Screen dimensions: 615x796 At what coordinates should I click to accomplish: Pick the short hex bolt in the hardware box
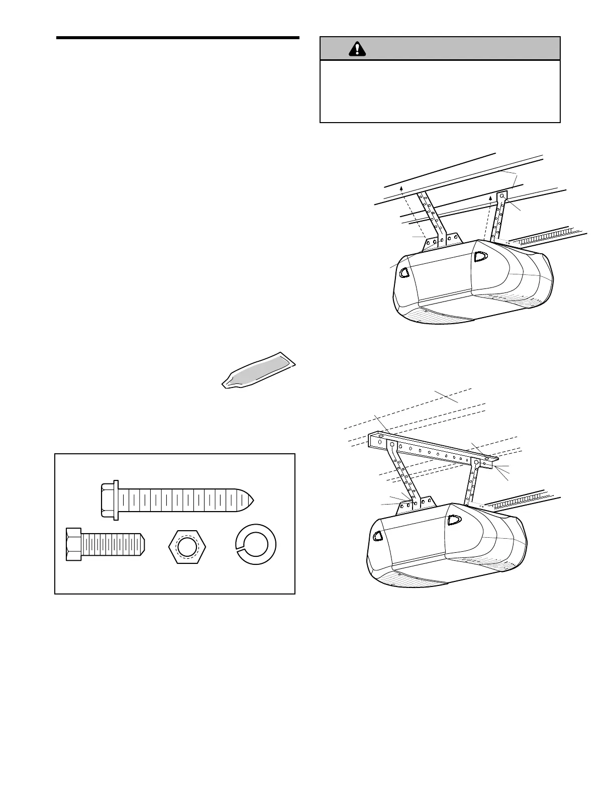coord(106,544)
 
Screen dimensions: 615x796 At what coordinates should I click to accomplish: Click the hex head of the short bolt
coord(73,544)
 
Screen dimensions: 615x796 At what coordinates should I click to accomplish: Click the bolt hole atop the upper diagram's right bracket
coord(501,196)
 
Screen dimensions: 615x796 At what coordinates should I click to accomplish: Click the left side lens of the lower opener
coord(378,536)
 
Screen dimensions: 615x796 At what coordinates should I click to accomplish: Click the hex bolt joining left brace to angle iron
coord(392,444)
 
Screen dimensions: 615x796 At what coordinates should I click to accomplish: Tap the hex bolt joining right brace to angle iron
coord(476,461)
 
